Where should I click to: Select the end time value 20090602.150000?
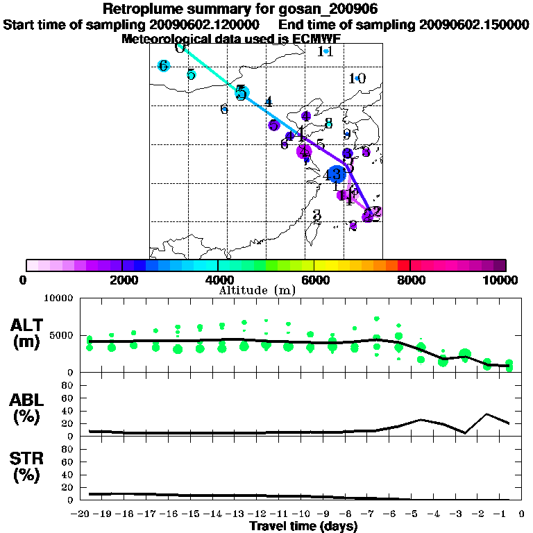click(475, 24)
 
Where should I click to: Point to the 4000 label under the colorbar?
click(218, 280)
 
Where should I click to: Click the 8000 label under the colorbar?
click(410, 280)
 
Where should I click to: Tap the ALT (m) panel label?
click(28, 333)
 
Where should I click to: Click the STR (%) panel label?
click(28, 467)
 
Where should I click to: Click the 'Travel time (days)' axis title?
click(303, 527)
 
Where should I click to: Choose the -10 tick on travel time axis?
click(303, 514)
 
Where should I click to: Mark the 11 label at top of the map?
click(325, 51)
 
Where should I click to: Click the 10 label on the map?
click(357, 78)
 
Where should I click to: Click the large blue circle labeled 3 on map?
click(336, 174)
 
